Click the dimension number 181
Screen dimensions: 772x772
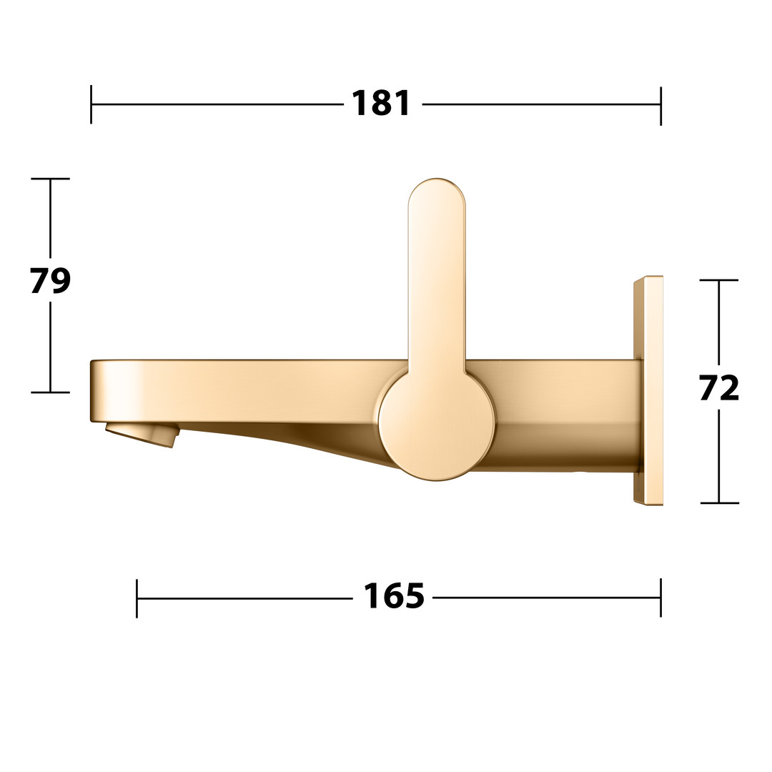pyautogui.click(x=381, y=104)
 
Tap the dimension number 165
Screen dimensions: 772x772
pyautogui.click(x=393, y=596)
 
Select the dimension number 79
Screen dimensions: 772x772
pyautogui.click(x=50, y=281)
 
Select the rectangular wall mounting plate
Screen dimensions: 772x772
pyautogui.click(x=648, y=390)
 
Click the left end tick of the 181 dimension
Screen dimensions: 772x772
pyautogui.click(x=91, y=104)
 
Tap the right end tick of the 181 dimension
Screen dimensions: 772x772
pyautogui.click(x=660, y=105)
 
